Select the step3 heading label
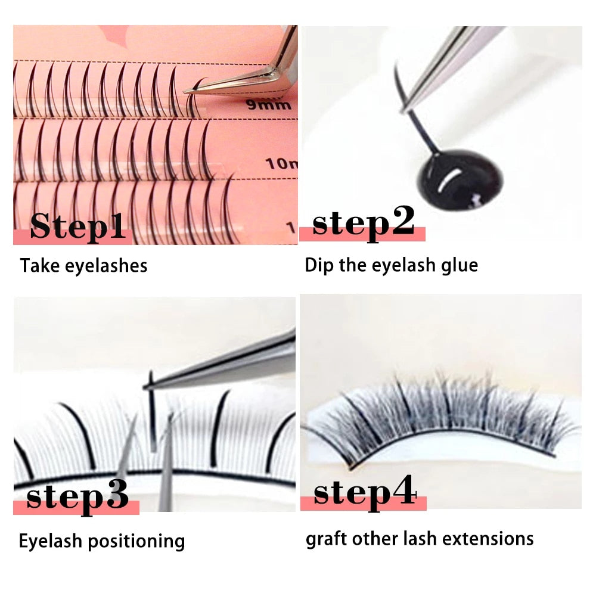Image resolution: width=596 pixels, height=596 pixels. click(77, 496)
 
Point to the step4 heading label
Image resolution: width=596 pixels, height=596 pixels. click(364, 492)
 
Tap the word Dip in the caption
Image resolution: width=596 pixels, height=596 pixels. click(318, 265)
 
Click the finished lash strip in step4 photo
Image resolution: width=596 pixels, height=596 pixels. click(441, 417)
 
